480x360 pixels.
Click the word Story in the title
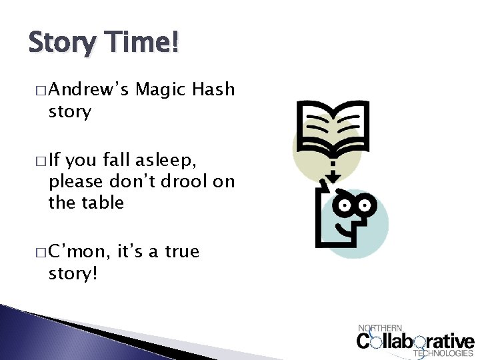(x=61, y=44)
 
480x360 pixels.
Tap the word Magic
(x=161, y=89)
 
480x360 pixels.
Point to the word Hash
(x=214, y=89)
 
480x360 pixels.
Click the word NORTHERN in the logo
(x=380, y=328)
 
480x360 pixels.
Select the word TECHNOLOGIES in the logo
(x=443, y=353)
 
